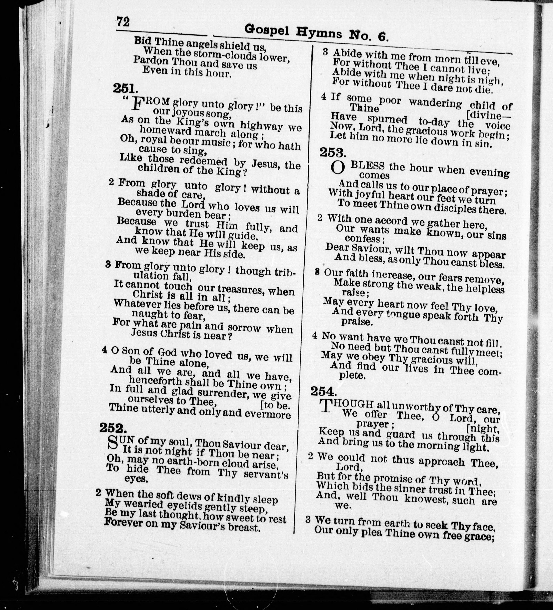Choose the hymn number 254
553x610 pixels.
[x=323, y=391]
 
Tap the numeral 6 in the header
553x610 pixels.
[x=382, y=37]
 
